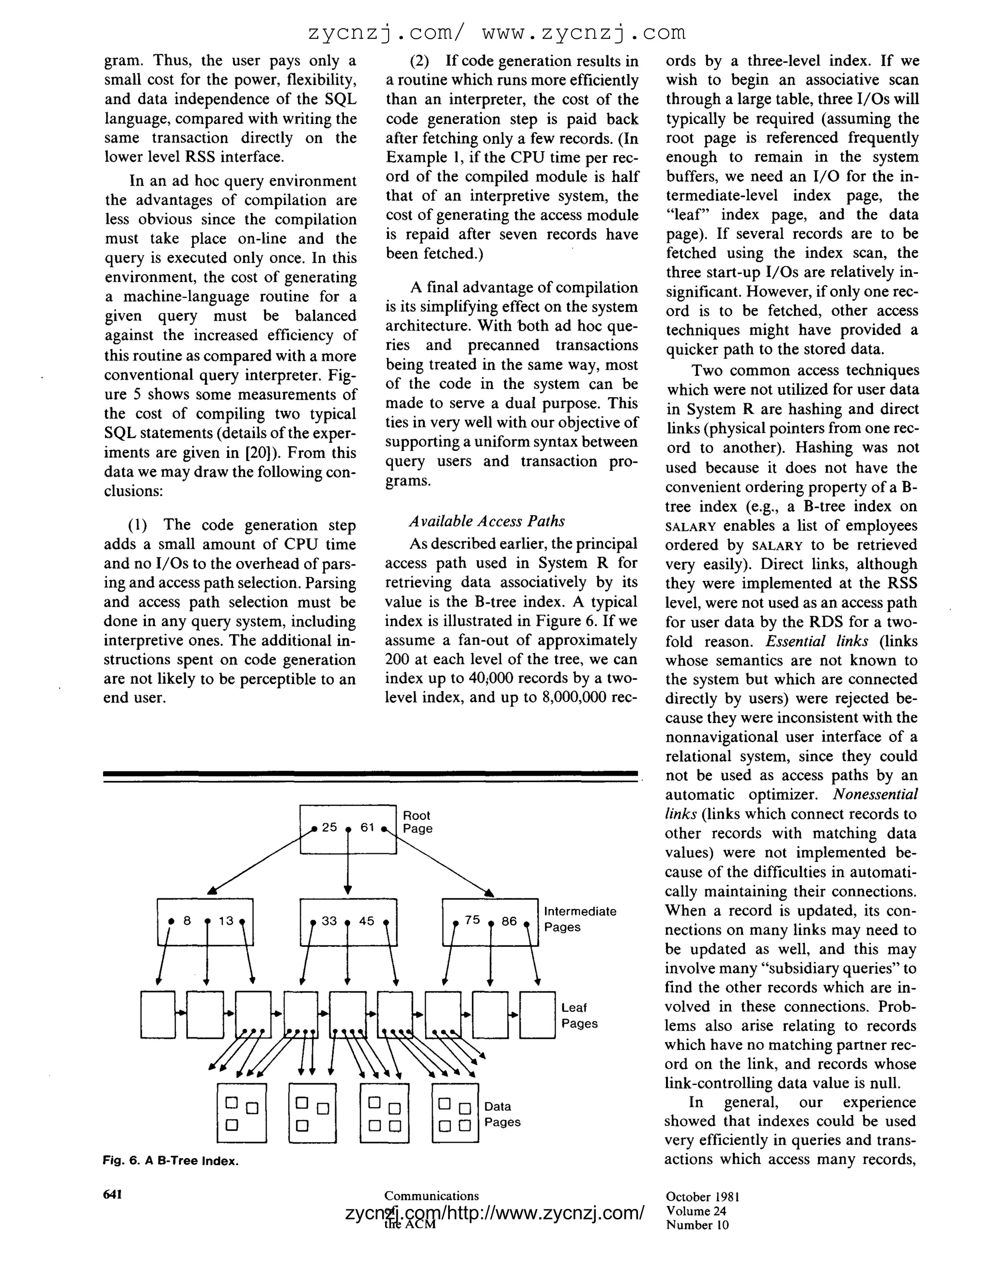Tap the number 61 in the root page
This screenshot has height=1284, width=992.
click(x=367, y=827)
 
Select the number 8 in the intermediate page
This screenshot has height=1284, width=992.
click(x=187, y=921)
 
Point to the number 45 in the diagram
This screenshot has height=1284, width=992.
click(x=367, y=921)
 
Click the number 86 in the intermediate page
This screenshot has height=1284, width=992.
click(x=509, y=921)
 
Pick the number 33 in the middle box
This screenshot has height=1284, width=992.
click(x=329, y=921)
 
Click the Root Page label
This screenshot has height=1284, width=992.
click(x=417, y=822)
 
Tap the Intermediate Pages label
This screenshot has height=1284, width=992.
click(x=579, y=919)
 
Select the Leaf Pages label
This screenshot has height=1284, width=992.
click(x=579, y=1015)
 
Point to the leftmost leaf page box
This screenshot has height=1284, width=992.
click(x=158, y=1015)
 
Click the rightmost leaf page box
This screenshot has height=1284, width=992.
click(x=537, y=1015)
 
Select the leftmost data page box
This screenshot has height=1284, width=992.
click(x=242, y=1113)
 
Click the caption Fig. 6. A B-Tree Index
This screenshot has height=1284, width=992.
click(x=170, y=1161)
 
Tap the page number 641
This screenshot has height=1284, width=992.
click(x=112, y=1194)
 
